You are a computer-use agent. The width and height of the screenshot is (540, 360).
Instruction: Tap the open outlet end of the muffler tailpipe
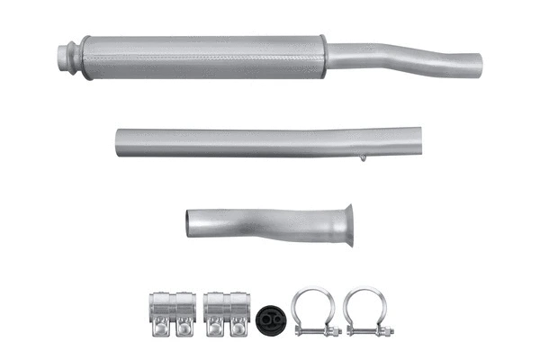(x=476, y=63)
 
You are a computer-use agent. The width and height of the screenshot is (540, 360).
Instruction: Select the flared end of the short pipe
(x=347, y=225)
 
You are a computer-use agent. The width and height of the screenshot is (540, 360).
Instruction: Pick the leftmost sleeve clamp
(x=171, y=313)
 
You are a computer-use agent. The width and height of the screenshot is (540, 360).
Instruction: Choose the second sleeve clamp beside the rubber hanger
(x=227, y=313)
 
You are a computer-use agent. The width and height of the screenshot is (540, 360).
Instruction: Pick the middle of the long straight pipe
(x=268, y=141)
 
